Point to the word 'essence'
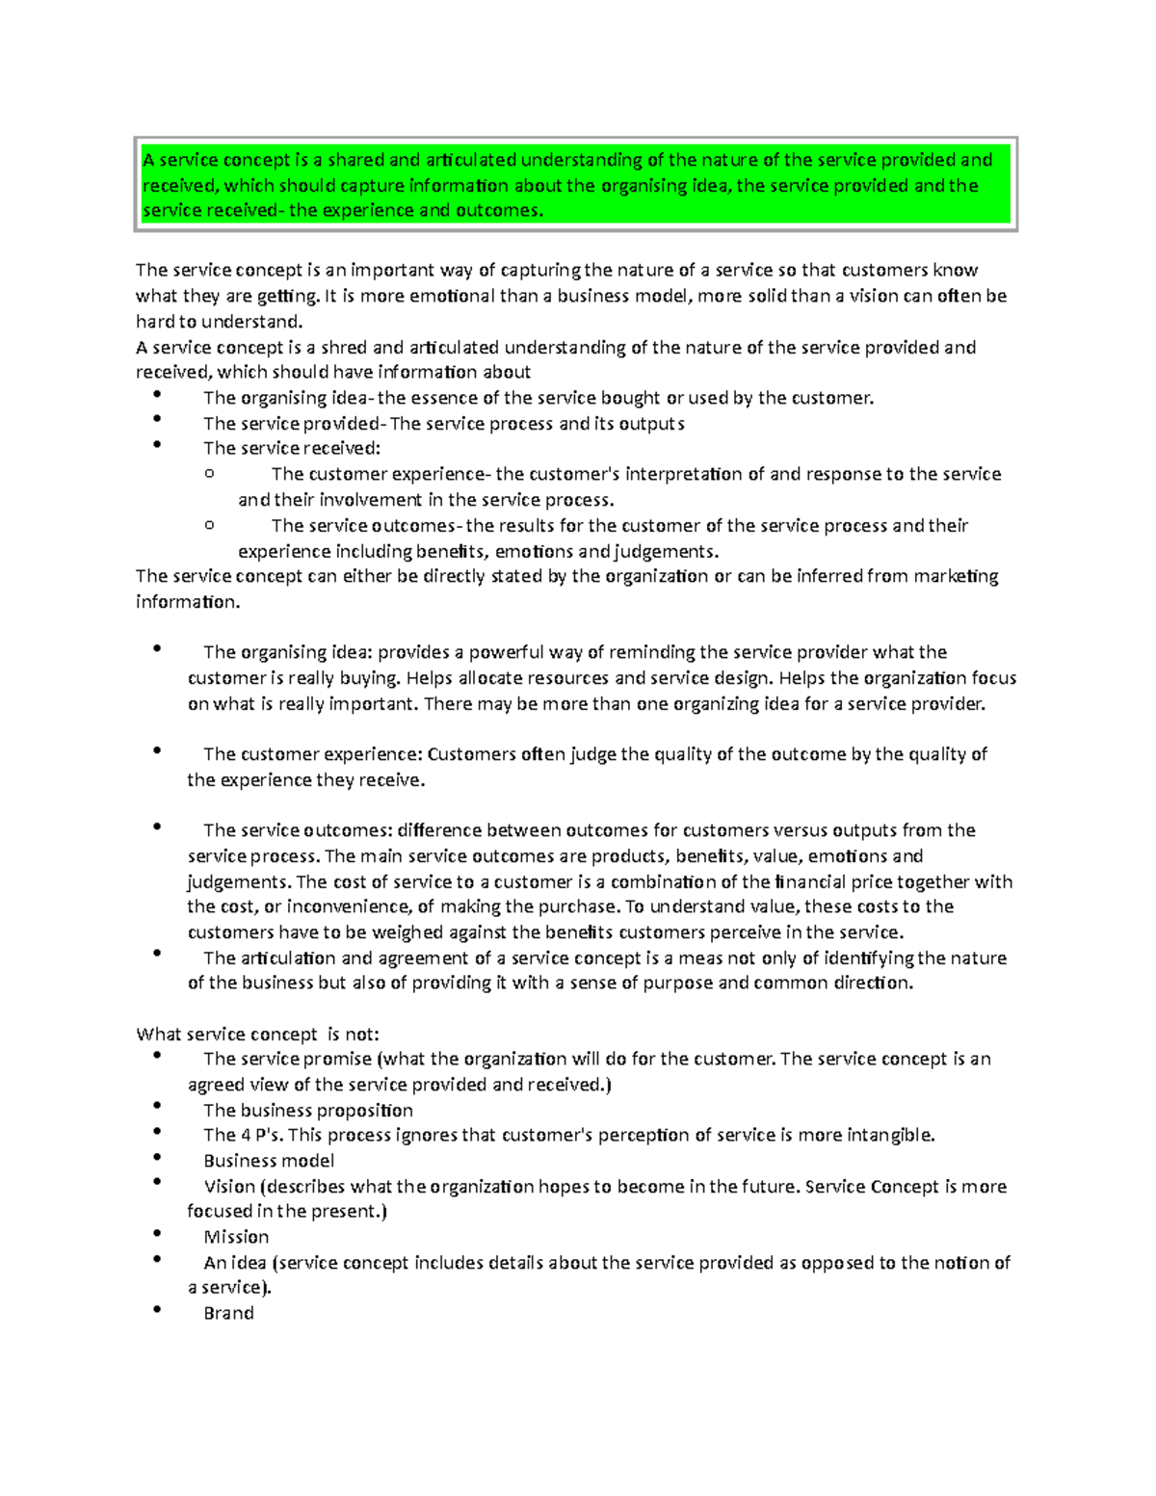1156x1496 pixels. pos(444,398)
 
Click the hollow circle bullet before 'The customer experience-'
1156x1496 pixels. pos(209,473)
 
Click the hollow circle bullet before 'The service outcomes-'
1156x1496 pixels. pos(209,525)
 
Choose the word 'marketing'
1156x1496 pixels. pos(956,576)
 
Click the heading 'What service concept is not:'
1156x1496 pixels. pos(257,1035)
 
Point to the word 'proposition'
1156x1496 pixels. pos(365,1111)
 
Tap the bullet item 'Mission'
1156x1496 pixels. pos(236,1237)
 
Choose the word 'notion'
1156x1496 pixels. pos(962,1263)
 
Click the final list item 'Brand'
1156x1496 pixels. pos(228,1313)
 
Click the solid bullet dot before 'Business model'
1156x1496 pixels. pos(157,1157)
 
